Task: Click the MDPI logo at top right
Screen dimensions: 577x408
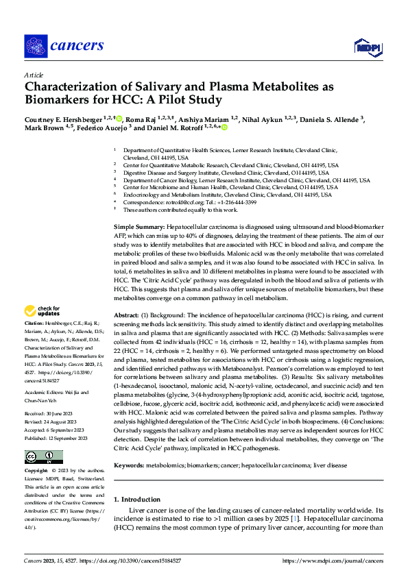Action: pos(367,46)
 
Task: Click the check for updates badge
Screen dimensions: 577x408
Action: pos(43,310)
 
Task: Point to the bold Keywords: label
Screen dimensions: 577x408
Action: pos(129,465)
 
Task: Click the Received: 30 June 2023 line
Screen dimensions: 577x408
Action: pos(53,395)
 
